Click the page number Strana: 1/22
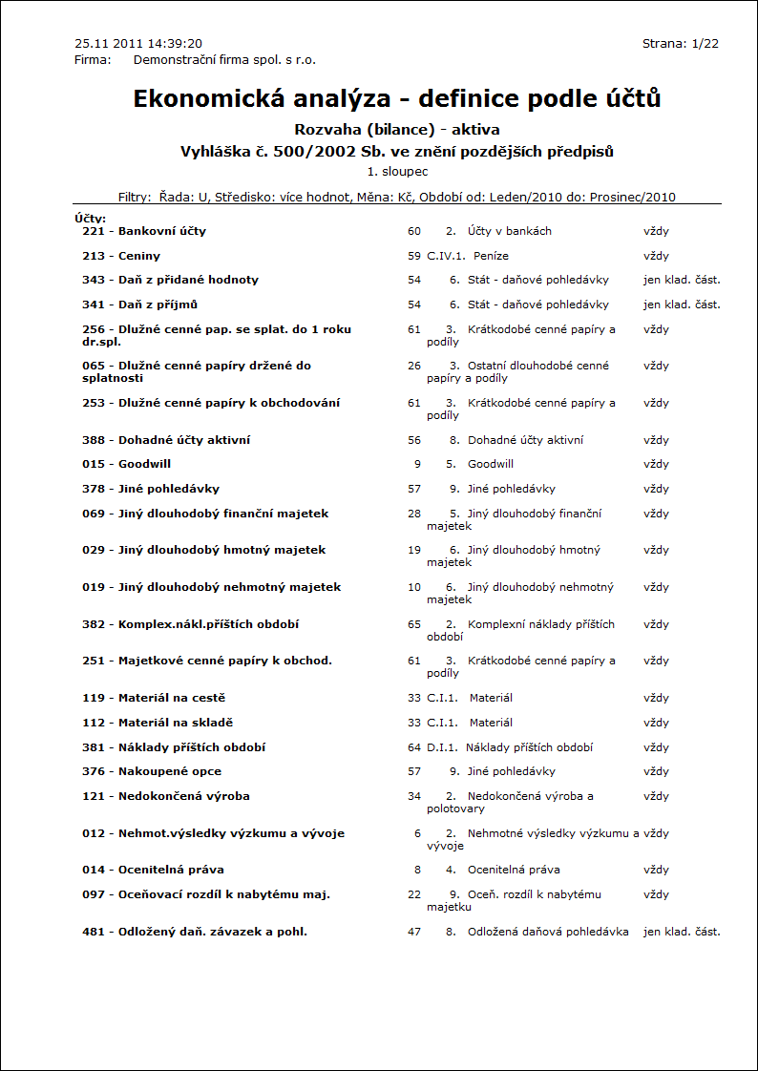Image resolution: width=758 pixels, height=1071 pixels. [x=681, y=44]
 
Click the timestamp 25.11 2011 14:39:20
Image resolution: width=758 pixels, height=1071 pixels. [x=138, y=44]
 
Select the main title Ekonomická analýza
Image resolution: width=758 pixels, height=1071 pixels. [x=397, y=98]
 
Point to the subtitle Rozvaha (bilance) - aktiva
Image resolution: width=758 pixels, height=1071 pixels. [x=397, y=130]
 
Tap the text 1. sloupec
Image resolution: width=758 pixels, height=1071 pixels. [x=397, y=172]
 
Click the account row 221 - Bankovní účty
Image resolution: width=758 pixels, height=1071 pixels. [x=144, y=231]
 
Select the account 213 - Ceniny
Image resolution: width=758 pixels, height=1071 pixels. [x=121, y=256]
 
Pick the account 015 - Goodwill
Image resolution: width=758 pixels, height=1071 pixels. [x=127, y=464]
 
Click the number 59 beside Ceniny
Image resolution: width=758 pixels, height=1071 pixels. [x=413, y=256]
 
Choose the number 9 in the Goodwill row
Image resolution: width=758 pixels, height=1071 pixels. [x=417, y=464]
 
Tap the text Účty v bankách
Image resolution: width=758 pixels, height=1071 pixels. [x=510, y=231]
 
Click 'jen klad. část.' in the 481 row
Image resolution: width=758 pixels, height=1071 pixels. [x=682, y=932]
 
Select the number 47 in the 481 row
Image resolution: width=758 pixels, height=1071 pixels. [x=413, y=932]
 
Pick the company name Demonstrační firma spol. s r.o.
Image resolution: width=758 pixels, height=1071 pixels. [x=224, y=59]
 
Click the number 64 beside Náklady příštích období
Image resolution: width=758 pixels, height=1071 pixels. [x=413, y=747]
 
